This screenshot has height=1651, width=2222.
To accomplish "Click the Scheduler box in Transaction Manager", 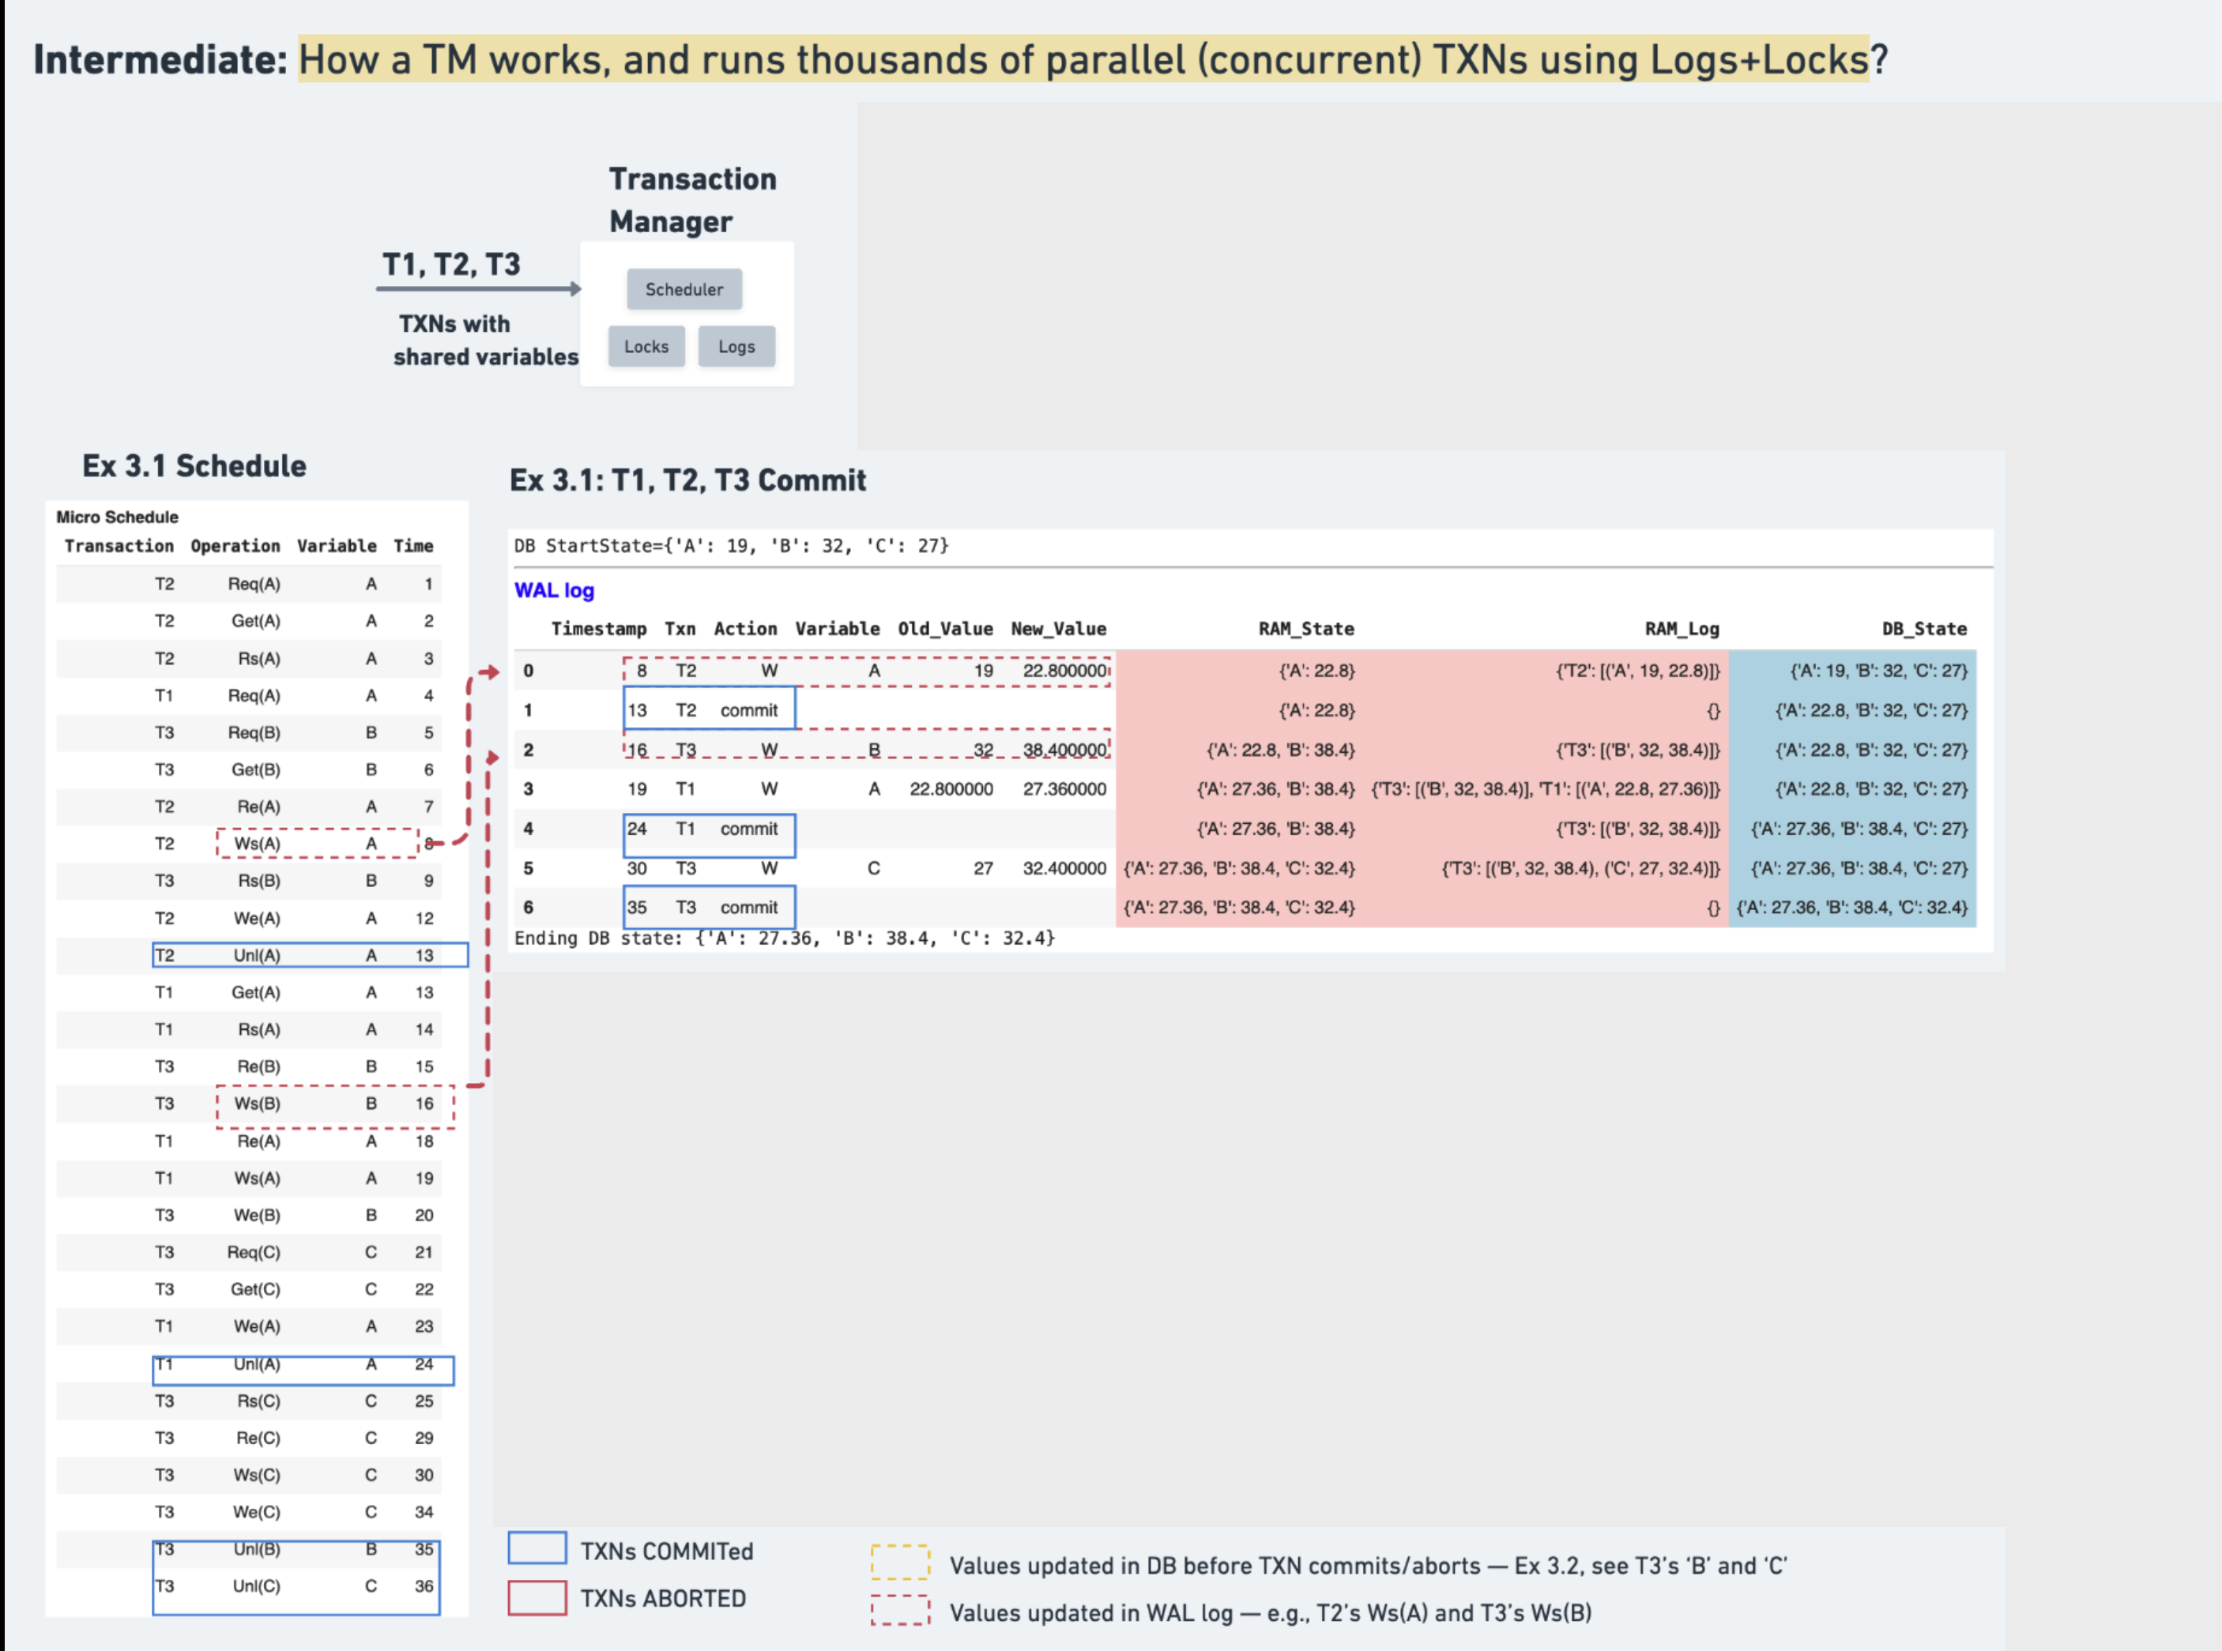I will pyautogui.click(x=684, y=289).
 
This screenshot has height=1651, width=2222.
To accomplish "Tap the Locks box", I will pyautogui.click(x=646, y=347).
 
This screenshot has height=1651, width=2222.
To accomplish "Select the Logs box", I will pyautogui.click(x=736, y=347).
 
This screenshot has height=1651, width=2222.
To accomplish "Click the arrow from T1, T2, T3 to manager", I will pyautogui.click(x=478, y=289).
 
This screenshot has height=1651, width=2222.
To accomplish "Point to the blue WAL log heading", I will pyautogui.click(x=554, y=591).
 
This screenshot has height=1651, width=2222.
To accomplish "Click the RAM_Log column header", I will pyautogui.click(x=1682, y=629).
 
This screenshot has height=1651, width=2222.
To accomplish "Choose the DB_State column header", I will pyautogui.click(x=1923, y=629).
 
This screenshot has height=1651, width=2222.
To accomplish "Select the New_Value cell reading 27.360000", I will pyautogui.click(x=1064, y=789).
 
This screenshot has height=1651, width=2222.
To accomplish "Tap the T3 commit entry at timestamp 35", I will pyautogui.click(x=709, y=908).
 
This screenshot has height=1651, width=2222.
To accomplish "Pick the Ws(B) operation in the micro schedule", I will pyautogui.click(x=257, y=1104).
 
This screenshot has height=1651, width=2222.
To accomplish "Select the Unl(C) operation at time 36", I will pyautogui.click(x=256, y=1586).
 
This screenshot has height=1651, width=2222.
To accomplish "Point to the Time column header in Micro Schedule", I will pyautogui.click(x=412, y=546).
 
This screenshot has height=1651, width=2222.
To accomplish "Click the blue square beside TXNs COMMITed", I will pyautogui.click(x=537, y=1548).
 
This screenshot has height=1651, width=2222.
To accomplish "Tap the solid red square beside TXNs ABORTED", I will pyautogui.click(x=537, y=1597).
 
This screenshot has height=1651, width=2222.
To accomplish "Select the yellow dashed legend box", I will pyautogui.click(x=899, y=1563).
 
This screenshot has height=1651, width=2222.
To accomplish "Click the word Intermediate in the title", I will pyautogui.click(x=160, y=60).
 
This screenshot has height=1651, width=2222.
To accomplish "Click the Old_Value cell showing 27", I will pyautogui.click(x=982, y=868).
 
